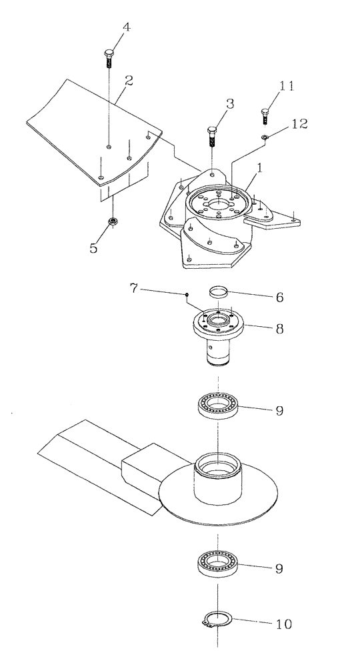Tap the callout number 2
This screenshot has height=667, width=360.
129,80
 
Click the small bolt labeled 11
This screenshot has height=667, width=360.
265,116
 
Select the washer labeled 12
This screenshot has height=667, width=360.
265,137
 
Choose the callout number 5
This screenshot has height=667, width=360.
93,247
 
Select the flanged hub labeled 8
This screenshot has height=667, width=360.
219,333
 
